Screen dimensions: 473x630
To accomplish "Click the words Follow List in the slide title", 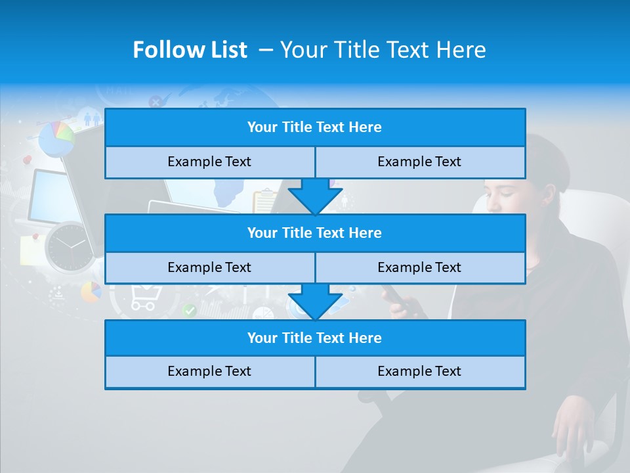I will click(190, 50).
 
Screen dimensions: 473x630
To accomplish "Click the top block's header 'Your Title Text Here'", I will click(314, 127).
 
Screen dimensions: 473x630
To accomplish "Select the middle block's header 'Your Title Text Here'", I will click(314, 233).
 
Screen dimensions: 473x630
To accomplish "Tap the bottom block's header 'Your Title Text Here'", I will click(314, 338).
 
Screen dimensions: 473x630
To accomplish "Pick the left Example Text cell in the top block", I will click(209, 162).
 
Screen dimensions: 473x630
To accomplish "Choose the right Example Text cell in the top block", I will click(419, 162).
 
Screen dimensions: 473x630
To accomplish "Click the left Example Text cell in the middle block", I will click(209, 268).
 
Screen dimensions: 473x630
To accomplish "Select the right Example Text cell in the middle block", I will click(419, 268).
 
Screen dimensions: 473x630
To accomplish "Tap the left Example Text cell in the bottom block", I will click(209, 372).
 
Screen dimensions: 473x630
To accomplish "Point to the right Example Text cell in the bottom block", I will click(419, 372).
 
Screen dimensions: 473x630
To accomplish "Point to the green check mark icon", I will click(190, 310).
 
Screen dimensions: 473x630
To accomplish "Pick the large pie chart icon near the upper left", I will click(56, 138).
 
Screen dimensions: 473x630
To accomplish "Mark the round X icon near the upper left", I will click(156, 101).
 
